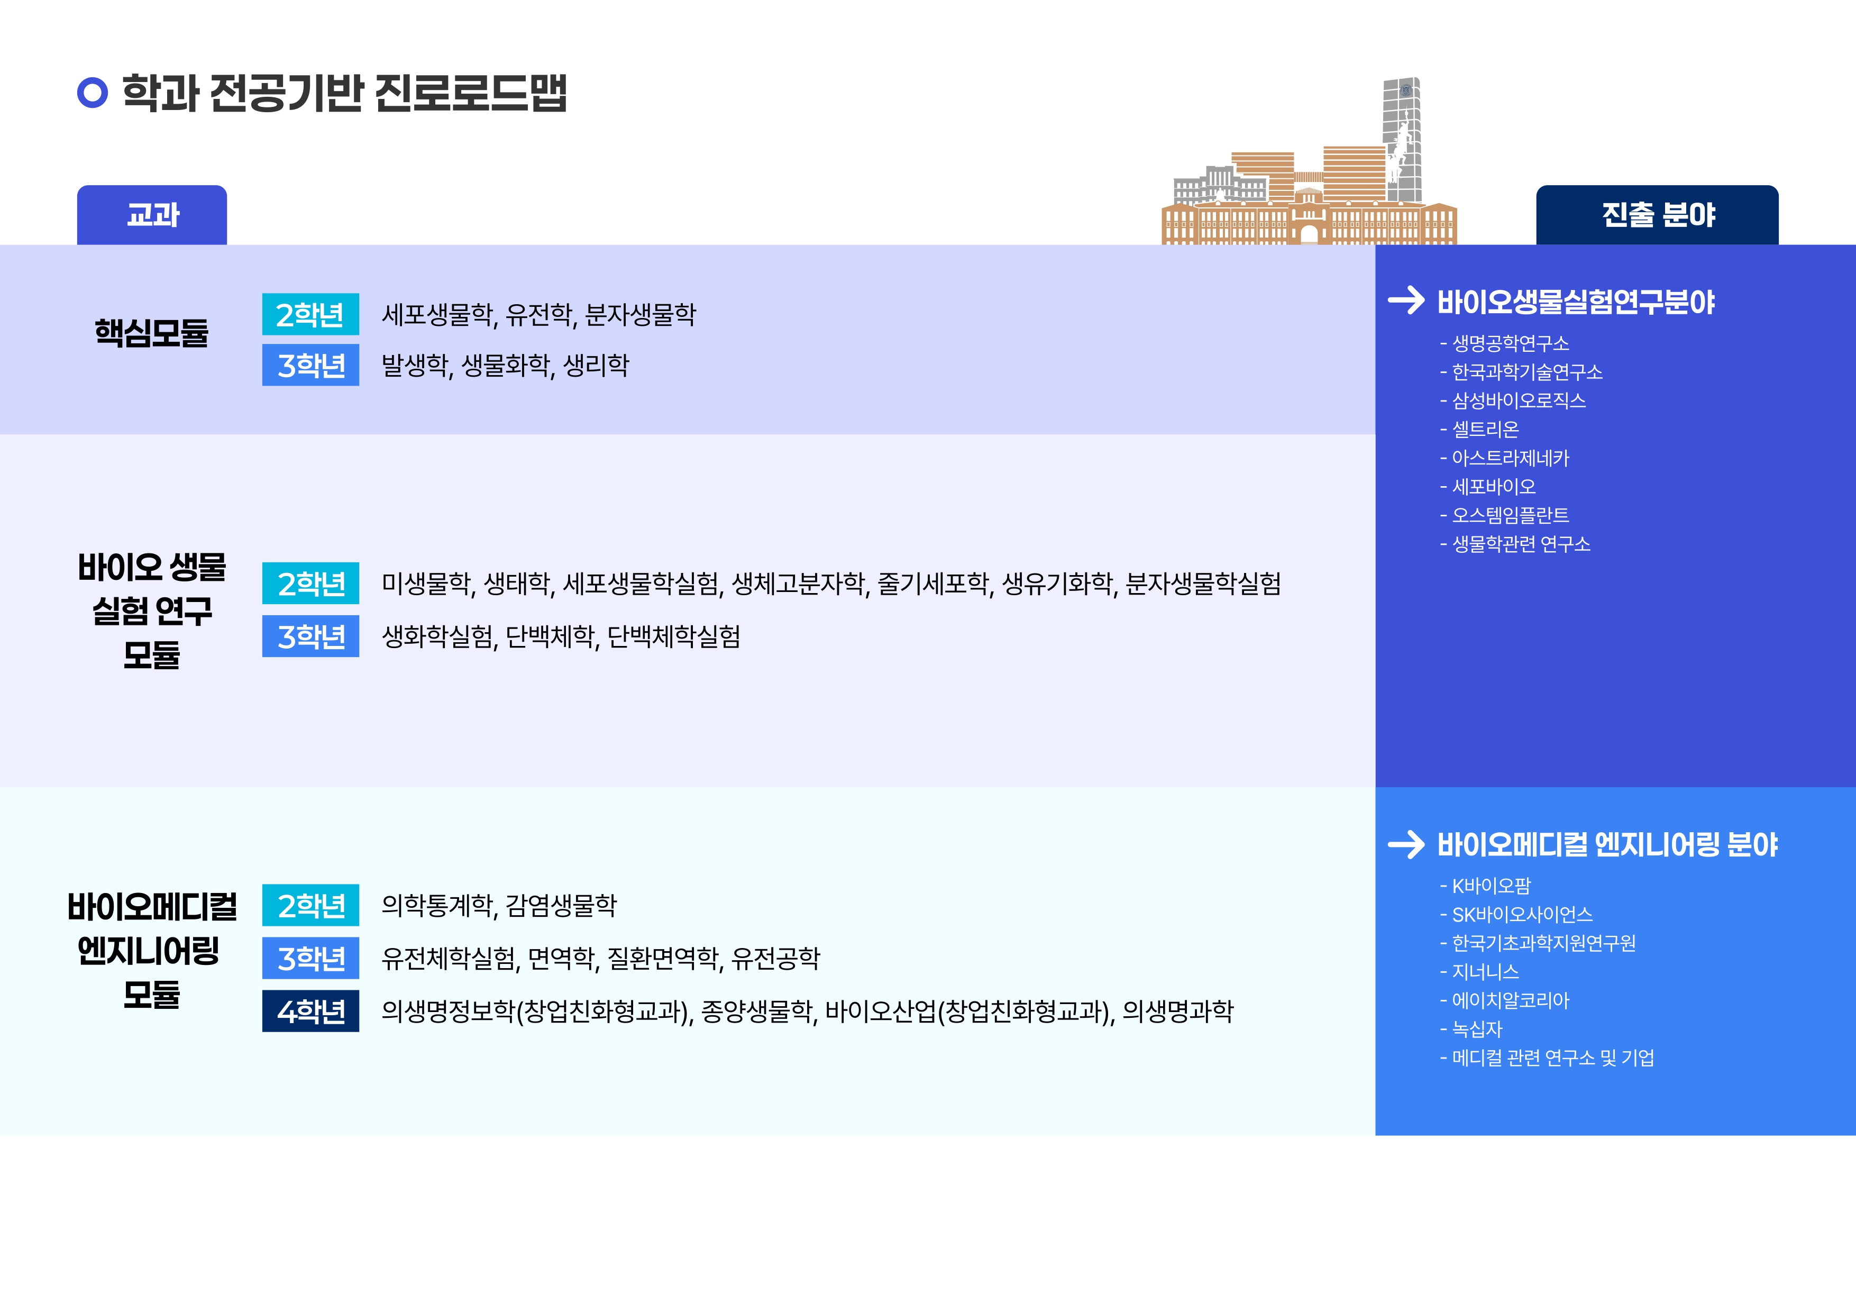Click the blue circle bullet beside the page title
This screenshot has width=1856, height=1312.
click(x=92, y=92)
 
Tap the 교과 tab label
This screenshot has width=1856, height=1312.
click(x=153, y=215)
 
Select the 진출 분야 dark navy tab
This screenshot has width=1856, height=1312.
click(x=1657, y=215)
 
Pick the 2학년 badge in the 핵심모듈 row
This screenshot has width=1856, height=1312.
click(x=310, y=314)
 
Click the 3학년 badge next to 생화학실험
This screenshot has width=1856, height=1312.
click(x=310, y=636)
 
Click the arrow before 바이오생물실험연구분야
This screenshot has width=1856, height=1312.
click(x=1406, y=300)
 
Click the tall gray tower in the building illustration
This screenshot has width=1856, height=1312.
click(x=1403, y=139)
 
